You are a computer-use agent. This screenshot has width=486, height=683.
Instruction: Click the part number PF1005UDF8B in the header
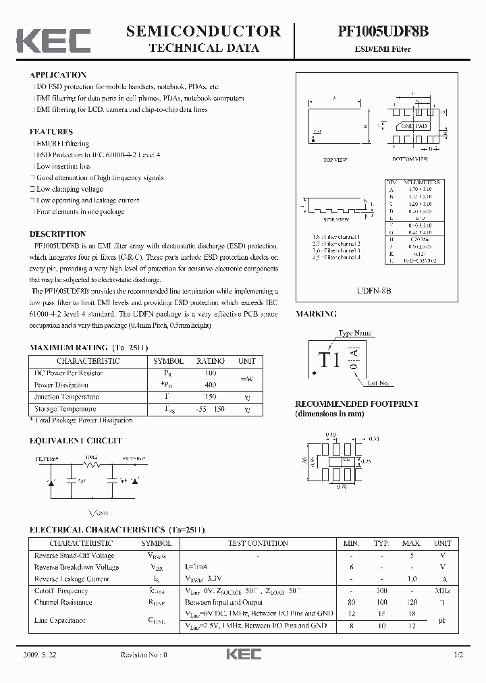click(382, 31)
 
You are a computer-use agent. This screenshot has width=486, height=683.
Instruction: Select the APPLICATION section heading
click(58, 75)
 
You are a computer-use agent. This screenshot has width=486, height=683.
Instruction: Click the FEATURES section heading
click(51, 132)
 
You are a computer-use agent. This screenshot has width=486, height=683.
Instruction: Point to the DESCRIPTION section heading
click(58, 234)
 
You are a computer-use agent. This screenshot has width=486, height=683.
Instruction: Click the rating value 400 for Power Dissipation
click(210, 385)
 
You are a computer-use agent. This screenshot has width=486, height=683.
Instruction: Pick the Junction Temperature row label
click(66, 397)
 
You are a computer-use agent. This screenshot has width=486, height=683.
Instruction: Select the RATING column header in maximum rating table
click(210, 361)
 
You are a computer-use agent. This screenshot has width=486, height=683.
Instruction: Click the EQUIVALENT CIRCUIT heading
click(76, 441)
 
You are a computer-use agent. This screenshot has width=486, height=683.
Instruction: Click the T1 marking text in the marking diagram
click(329, 360)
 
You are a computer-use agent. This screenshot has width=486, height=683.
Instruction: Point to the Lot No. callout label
click(379, 383)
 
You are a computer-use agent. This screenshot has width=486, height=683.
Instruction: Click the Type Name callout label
click(354, 333)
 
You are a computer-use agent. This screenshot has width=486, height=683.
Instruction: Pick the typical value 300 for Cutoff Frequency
click(381, 591)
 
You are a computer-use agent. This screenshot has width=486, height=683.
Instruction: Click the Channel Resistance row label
click(63, 602)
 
